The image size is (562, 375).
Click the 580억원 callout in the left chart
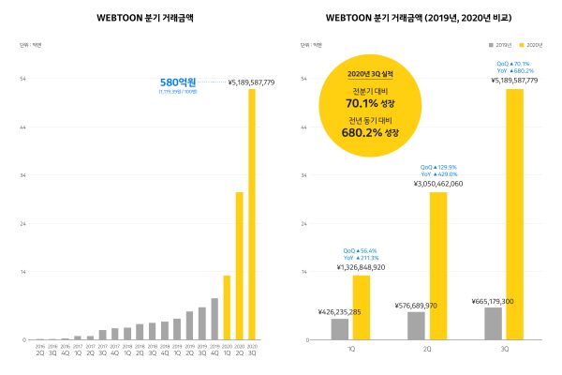[179, 82]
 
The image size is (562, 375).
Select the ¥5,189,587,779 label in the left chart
[251, 82]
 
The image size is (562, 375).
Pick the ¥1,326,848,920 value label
[362, 267]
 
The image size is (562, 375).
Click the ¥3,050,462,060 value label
[438, 185]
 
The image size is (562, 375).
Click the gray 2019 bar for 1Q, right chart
[340, 329]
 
